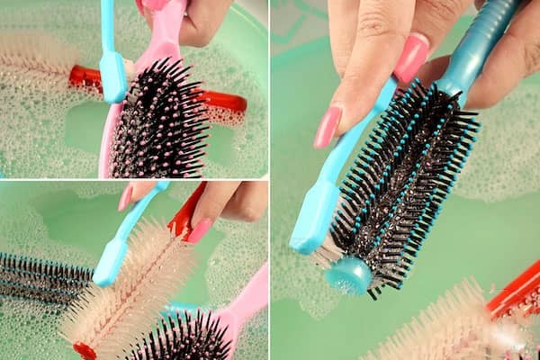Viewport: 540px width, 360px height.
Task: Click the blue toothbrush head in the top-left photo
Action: coord(113,77)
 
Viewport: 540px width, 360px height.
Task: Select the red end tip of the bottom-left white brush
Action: coord(84,350)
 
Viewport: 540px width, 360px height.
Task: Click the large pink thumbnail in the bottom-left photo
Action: coord(199,230)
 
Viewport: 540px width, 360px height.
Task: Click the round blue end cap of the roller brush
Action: coord(348,275)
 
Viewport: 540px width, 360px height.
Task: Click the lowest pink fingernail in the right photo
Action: coord(327,127)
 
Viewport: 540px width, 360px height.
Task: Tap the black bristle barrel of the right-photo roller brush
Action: coord(405,180)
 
